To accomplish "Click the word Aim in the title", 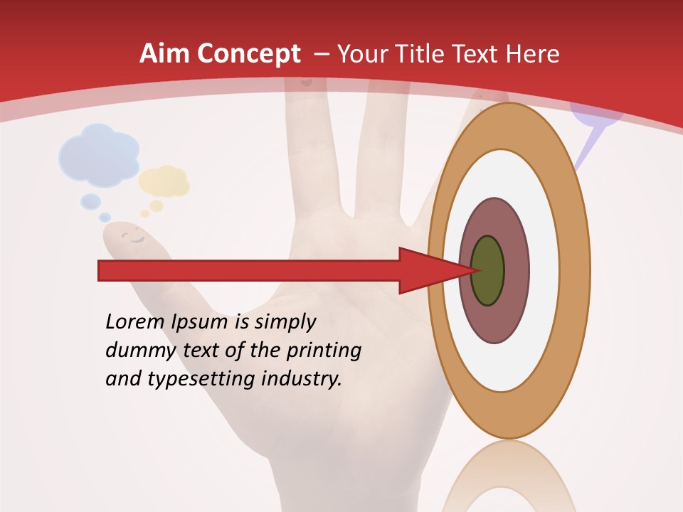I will click(x=165, y=54).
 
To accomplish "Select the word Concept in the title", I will click(x=249, y=54).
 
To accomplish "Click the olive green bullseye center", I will click(x=487, y=270).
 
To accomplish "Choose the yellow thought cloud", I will click(x=164, y=181).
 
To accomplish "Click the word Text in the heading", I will click(x=477, y=54).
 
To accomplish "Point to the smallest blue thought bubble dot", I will click(x=105, y=217).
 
